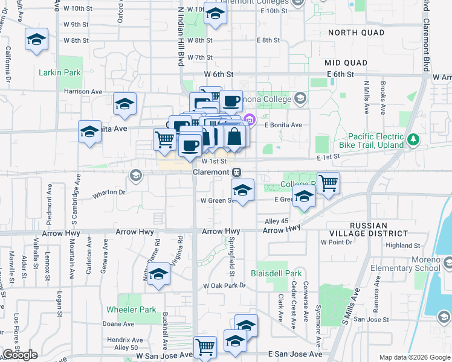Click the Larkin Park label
pos(60,72)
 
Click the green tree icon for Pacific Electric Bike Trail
pos(413,140)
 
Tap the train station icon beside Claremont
pos(239,172)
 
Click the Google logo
pos(19,355)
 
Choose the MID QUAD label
pos(346,63)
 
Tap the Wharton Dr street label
pos(109,193)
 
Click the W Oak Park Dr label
pos(225,285)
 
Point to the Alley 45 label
pos(276,221)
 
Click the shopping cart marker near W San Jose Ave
pos(205,346)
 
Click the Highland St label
pos(403,246)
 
